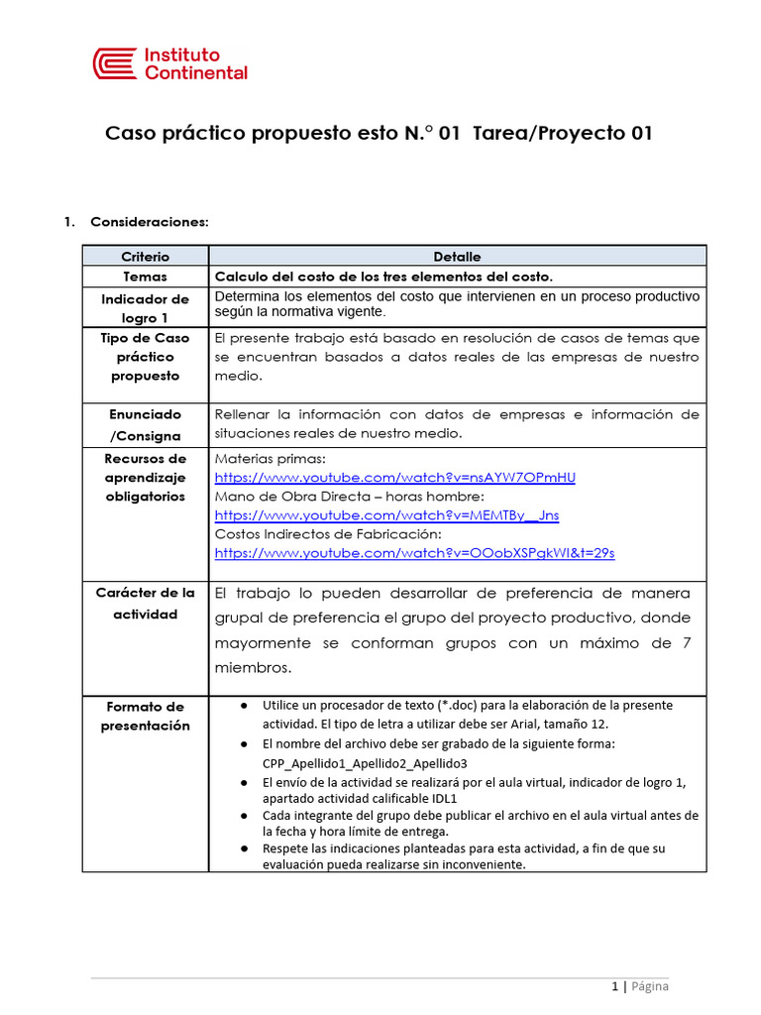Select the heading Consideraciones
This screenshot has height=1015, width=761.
point(149,221)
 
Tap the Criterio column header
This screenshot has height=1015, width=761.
point(145,256)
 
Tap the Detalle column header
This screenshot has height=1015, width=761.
point(457,256)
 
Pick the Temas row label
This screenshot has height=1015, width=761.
point(145,277)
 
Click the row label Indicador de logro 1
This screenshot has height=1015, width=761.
point(145,307)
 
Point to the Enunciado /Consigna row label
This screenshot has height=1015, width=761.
point(145,424)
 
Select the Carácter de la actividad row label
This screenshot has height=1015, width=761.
point(145,603)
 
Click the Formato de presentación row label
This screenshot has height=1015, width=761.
point(145,716)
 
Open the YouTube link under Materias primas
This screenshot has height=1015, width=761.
point(394,478)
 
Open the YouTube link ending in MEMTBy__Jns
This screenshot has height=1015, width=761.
point(386,515)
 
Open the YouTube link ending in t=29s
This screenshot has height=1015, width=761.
point(414,553)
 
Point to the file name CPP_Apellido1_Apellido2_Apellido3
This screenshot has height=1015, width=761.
point(365,763)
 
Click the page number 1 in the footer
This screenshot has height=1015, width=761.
point(614,986)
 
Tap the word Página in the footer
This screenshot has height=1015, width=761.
point(649,986)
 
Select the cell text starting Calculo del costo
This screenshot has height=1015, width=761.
point(383,277)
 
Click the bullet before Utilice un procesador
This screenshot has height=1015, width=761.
point(244,706)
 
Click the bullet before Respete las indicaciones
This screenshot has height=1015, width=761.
point(244,848)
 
